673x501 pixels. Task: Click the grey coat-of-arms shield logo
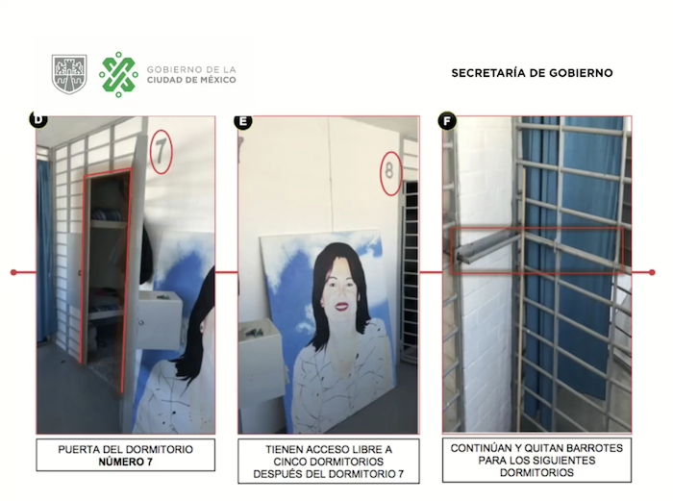[69, 74]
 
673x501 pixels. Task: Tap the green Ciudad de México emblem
[118, 74]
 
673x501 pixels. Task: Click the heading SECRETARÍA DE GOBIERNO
[532, 73]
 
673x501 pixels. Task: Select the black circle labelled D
[38, 119]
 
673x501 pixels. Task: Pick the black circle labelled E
[243, 121]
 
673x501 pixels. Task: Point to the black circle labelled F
[447, 121]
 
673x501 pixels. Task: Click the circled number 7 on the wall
[161, 152]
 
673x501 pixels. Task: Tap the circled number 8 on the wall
[390, 173]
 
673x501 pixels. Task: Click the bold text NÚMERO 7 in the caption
[125, 462]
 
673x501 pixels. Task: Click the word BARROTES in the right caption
[596, 448]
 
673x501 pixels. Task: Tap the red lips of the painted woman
[341, 307]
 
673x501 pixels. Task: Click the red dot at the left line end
[13, 272]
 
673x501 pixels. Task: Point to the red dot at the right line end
[652, 272]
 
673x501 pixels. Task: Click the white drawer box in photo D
[160, 320]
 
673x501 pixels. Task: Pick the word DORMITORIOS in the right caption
[536, 473]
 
